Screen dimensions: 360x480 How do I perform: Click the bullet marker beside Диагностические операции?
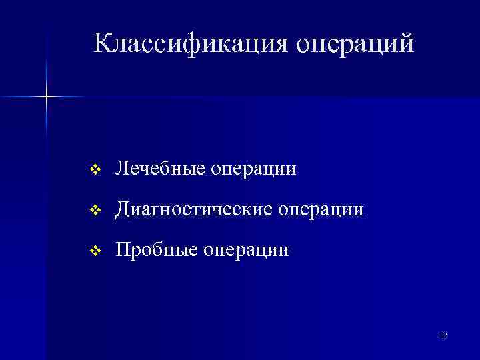pos(95,211)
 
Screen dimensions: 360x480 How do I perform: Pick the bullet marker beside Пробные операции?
pos(95,251)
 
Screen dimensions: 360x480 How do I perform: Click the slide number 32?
pos(443,335)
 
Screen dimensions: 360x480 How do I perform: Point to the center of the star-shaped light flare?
pos(47,97)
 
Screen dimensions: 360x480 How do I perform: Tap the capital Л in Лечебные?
pos(122,169)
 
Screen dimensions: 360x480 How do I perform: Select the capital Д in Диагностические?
pos(123,210)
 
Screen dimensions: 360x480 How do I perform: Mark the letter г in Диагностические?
pos(163,211)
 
